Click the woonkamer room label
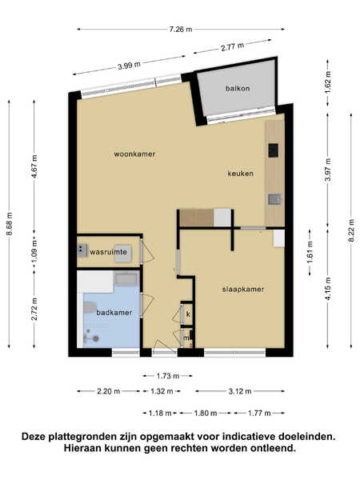pyautogui.click(x=134, y=154)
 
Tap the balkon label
pyautogui.click(x=238, y=89)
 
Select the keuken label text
pyautogui.click(x=240, y=174)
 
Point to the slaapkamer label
pyautogui.click(x=243, y=290)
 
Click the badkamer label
pyautogui.click(x=114, y=313)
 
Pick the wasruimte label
pyautogui.click(x=108, y=252)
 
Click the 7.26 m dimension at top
pyautogui.click(x=181, y=30)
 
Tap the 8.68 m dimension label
pyautogui.click(x=9, y=224)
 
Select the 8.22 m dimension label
pyautogui.click(x=351, y=230)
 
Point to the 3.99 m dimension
pyautogui.click(x=129, y=66)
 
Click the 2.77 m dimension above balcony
pyautogui.click(x=232, y=47)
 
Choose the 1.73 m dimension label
pyautogui.click(x=168, y=376)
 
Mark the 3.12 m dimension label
pyautogui.click(x=240, y=391)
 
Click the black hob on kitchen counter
pyautogui.click(x=274, y=150)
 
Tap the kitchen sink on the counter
pyautogui.click(x=274, y=199)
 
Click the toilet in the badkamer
pyautogui.click(x=89, y=307)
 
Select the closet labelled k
pyautogui.click(x=187, y=314)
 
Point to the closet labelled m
pyautogui.click(x=186, y=338)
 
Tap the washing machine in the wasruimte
pyautogui.click(x=124, y=254)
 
